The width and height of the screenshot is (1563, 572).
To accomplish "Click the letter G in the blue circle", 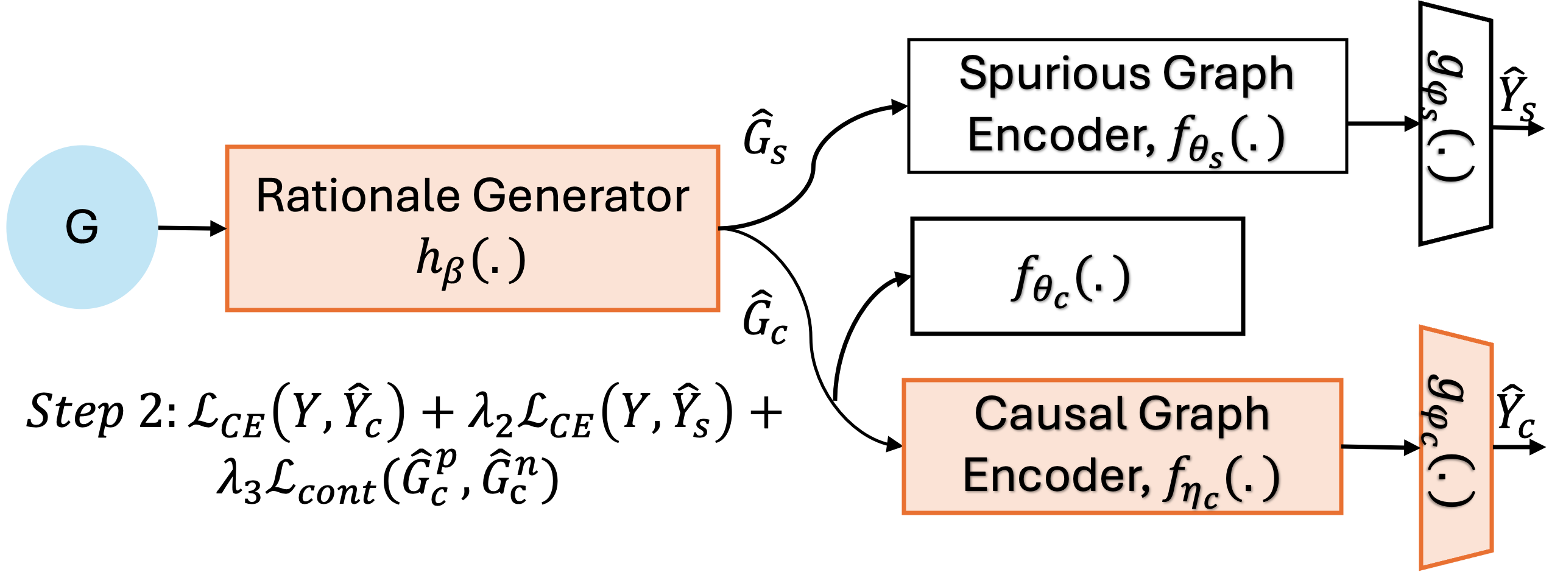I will point(82,227).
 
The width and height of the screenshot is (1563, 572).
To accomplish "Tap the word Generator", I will point(581,196).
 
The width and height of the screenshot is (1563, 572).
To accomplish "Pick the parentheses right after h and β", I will point(498,260).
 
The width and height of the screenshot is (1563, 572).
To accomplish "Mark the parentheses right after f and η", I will point(1252,479).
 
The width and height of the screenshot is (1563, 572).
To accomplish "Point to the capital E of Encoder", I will point(976,476).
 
